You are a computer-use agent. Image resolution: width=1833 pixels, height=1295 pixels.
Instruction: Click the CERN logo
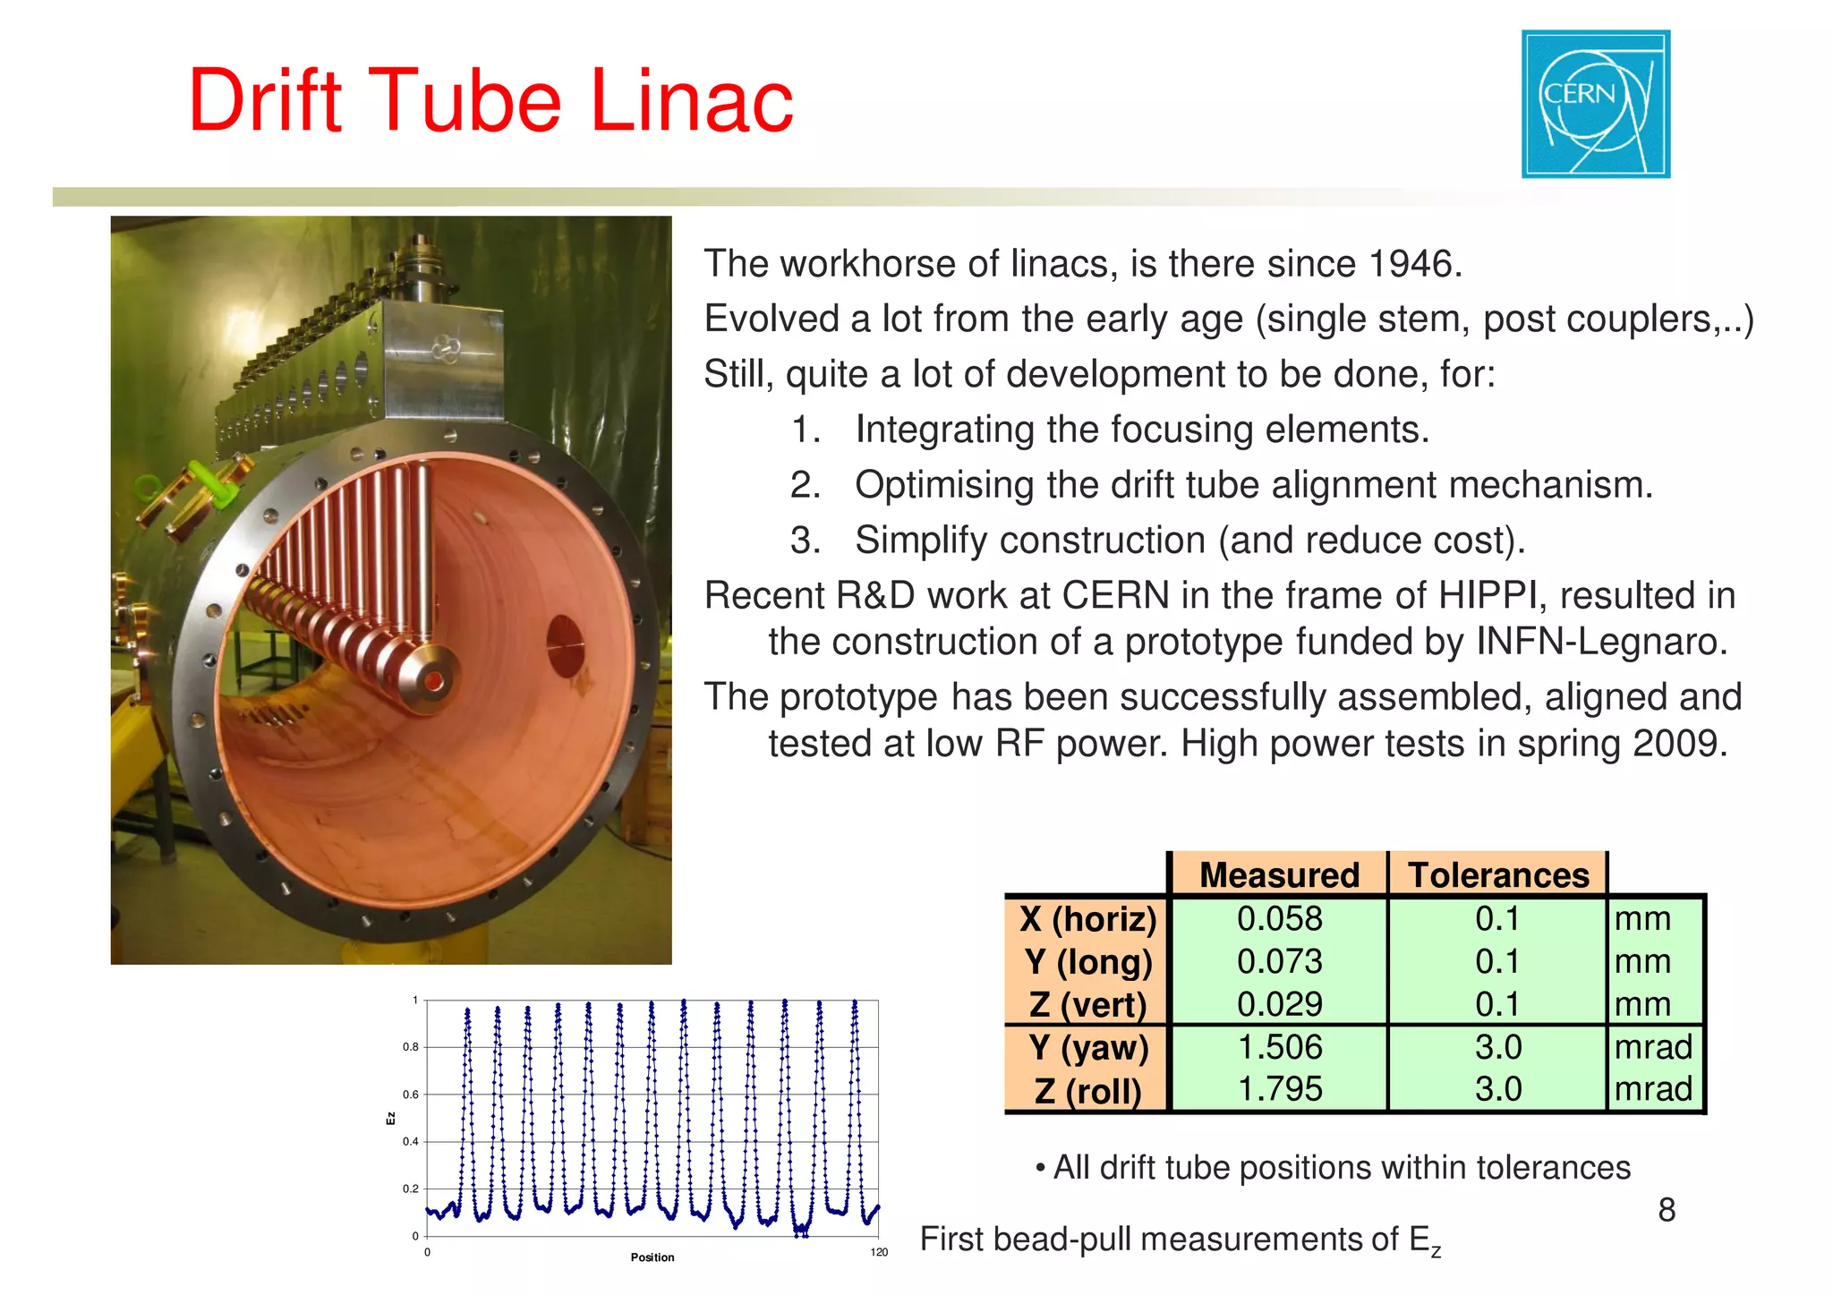tap(1595, 104)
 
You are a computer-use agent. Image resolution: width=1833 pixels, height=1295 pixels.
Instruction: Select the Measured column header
tap(1278, 874)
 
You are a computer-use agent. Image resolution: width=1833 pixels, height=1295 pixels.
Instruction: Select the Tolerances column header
tap(1498, 874)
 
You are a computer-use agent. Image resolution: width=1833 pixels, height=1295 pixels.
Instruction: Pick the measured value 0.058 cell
tap(1279, 918)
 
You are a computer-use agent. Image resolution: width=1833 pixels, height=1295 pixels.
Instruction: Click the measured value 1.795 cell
tap(1279, 1089)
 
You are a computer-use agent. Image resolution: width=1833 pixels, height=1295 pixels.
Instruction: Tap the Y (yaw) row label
tap(1087, 1047)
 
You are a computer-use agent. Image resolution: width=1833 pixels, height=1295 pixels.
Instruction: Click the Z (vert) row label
tap(1087, 1004)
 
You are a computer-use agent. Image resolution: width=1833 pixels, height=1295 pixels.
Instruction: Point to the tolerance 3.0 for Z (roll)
tap(1497, 1089)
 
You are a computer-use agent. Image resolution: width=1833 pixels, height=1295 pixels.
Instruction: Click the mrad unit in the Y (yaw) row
tap(1652, 1047)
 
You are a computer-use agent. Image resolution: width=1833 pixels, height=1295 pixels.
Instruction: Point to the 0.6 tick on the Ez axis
tap(410, 1094)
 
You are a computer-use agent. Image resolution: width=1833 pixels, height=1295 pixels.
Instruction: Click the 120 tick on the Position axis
tap(879, 1252)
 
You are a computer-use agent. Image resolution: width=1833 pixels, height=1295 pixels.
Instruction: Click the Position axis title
tap(652, 1257)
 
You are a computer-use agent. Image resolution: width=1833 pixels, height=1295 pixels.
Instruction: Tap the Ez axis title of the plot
tap(390, 1119)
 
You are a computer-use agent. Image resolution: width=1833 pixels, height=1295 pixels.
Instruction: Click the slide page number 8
tap(1666, 1210)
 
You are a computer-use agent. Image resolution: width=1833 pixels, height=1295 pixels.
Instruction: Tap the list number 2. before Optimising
tap(805, 485)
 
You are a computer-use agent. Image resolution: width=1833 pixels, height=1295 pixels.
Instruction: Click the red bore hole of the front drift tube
tap(434, 682)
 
